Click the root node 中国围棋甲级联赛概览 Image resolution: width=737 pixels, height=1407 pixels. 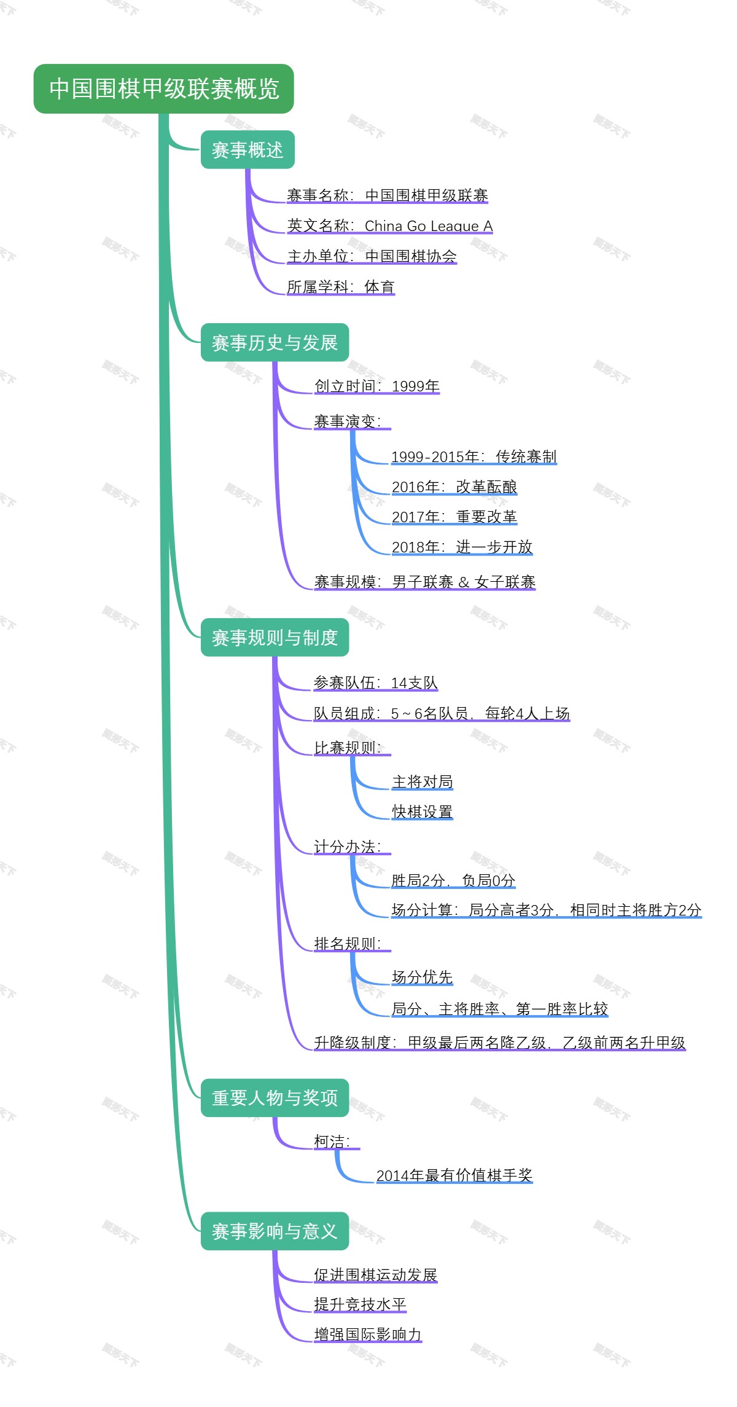(163, 88)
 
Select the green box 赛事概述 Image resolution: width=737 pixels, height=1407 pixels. (248, 150)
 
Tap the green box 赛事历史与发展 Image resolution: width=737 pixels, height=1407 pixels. (275, 342)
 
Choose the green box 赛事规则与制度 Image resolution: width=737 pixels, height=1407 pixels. (275, 638)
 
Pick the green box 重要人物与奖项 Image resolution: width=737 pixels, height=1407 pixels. (275, 1097)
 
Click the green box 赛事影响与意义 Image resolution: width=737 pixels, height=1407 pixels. (275, 1231)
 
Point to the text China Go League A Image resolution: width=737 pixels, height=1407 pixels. (429, 226)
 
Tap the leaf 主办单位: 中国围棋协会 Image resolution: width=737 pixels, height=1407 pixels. (372, 256)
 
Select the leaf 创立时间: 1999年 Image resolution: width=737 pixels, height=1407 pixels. (376, 386)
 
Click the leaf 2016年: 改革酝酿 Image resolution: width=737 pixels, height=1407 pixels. (454, 487)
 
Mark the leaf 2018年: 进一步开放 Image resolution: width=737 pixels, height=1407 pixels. (462, 547)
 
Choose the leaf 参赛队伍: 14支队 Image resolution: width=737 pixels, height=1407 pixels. (375, 683)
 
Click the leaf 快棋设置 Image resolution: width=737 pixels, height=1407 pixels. (422, 812)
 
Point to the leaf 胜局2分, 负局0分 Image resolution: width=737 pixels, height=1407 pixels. (453, 880)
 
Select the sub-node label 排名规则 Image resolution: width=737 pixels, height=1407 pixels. (348, 944)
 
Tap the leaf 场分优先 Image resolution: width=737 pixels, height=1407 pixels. (422, 977)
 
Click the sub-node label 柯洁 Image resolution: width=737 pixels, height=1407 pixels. (332, 1142)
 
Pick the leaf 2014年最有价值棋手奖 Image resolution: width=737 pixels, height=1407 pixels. (454, 1175)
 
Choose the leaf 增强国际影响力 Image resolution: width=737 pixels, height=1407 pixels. (367, 1334)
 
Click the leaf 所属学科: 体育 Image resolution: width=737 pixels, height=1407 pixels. (340, 287)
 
